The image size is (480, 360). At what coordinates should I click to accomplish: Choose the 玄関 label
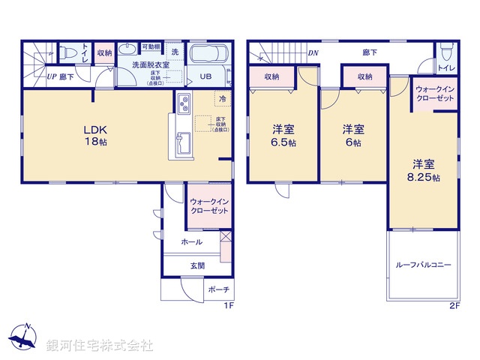point(198,265)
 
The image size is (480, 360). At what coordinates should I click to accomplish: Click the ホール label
point(192,241)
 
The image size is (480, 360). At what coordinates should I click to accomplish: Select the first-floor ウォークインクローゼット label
point(209,207)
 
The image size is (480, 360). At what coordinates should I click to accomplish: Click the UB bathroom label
point(205,76)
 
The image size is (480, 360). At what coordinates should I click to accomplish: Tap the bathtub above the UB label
point(210,56)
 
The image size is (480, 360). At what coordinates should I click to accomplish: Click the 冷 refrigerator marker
point(223,98)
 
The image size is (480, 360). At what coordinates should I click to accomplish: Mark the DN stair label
point(312,52)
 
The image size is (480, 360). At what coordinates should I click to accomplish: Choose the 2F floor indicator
point(454,306)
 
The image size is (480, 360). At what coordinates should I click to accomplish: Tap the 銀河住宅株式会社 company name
point(100,346)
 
